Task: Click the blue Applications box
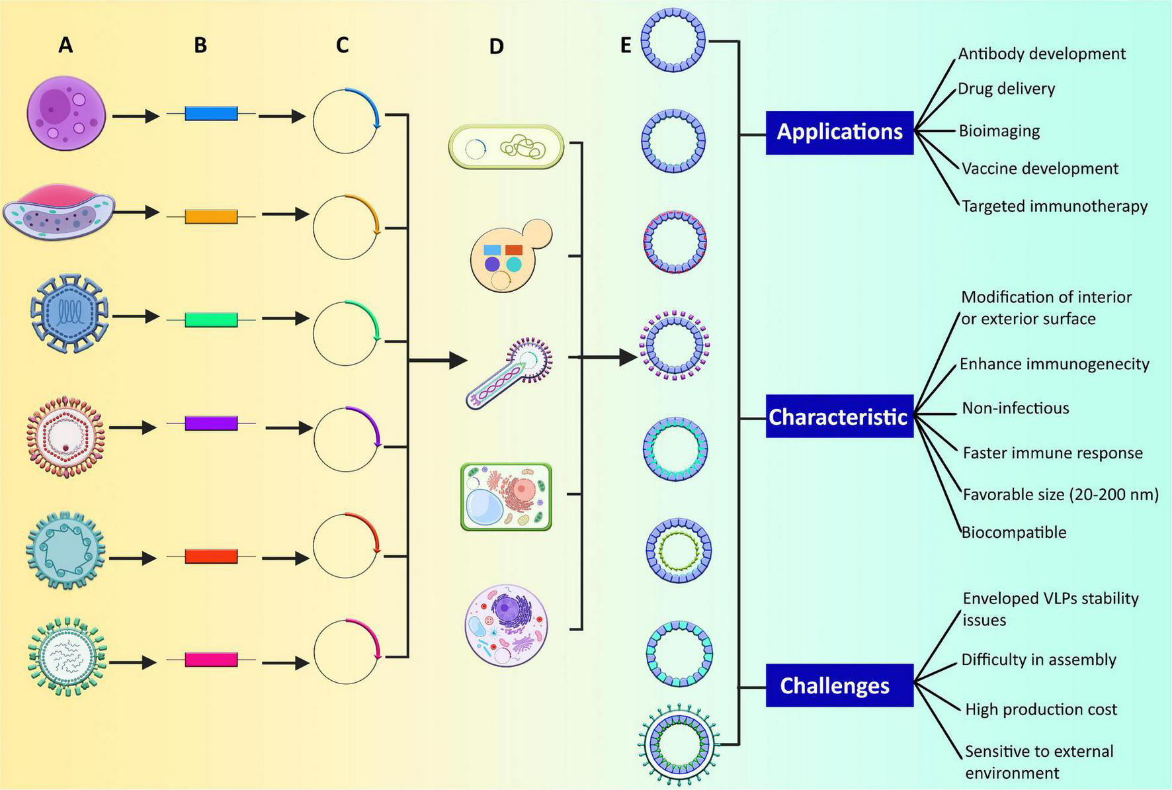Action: (839, 132)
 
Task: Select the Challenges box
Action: (839, 685)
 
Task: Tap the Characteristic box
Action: (839, 417)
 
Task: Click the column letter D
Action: (496, 46)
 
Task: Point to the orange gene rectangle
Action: (211, 216)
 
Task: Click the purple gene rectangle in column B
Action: (211, 423)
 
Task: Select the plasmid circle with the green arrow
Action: (345, 333)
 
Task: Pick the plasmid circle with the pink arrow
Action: (346, 652)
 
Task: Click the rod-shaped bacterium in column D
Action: (506, 147)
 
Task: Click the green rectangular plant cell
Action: (506, 496)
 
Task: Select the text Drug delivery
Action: (1006, 89)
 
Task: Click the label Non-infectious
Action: (1015, 408)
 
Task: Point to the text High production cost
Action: (1040, 709)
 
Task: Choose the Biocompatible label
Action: (1014, 532)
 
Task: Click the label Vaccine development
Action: (1040, 169)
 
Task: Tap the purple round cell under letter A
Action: (66, 112)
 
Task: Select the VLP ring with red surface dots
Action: (674, 243)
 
